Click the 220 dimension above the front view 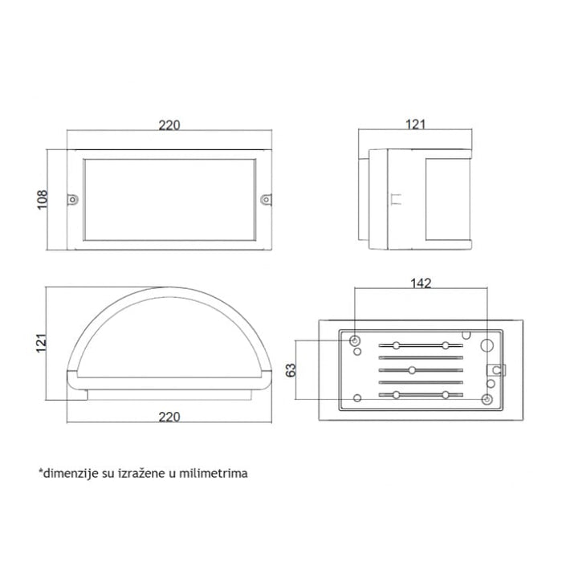pyautogui.click(x=169, y=125)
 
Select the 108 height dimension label pyautogui.click(x=43, y=200)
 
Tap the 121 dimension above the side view pyautogui.click(x=416, y=124)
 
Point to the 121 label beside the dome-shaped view pyautogui.click(x=42, y=343)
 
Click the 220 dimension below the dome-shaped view pyautogui.click(x=169, y=417)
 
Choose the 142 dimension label pyautogui.click(x=421, y=283)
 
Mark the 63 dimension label pyautogui.click(x=291, y=370)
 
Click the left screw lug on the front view pyautogui.click(x=73, y=199)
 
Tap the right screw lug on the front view pyautogui.click(x=266, y=199)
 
